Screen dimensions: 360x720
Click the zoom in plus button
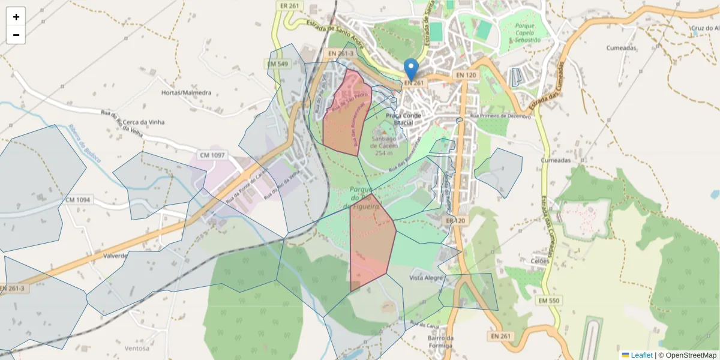(16, 17)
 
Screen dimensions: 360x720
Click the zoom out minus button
(16, 35)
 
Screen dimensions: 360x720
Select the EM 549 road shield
(278, 64)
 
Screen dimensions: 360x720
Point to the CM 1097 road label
(212, 155)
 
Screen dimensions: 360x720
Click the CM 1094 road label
(78, 200)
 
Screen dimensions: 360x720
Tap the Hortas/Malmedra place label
(187, 93)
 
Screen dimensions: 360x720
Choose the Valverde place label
(116, 255)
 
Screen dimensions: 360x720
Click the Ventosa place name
(137, 348)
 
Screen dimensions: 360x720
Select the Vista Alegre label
(426, 278)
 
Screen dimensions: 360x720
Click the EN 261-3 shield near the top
(340, 53)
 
